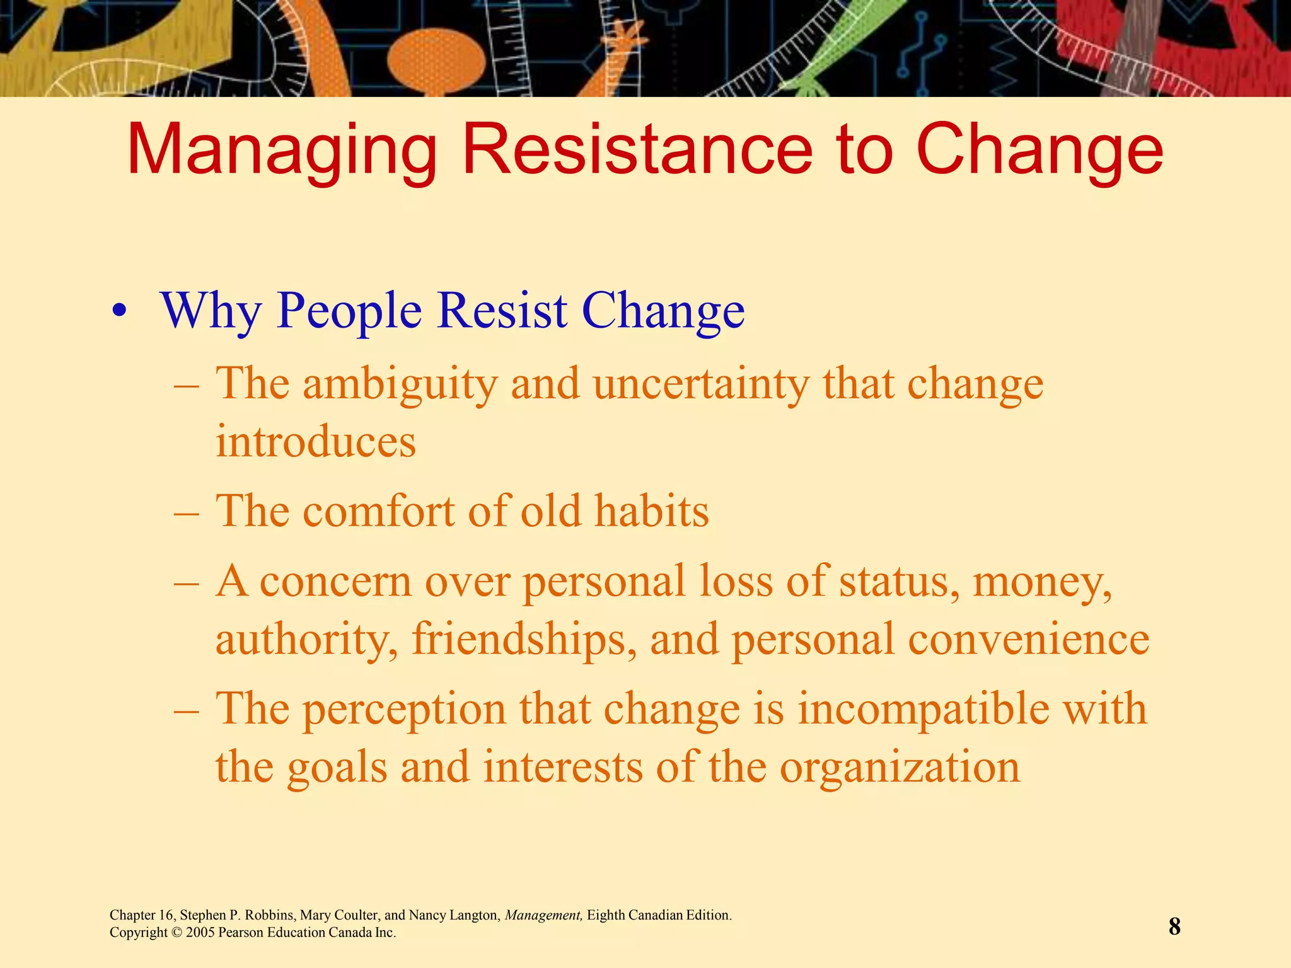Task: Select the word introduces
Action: pos(316,441)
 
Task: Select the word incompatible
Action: pos(923,708)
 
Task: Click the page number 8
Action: pos(1174,926)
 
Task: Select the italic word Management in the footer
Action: pos(543,915)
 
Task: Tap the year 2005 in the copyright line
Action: pos(200,933)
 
